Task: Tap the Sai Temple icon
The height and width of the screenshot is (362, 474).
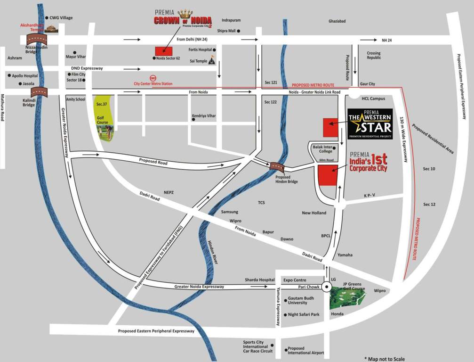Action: point(212,60)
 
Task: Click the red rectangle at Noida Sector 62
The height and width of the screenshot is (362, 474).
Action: point(164,51)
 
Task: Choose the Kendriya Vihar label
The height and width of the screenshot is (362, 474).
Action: point(204,116)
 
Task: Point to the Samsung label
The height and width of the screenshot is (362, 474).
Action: point(230,212)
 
